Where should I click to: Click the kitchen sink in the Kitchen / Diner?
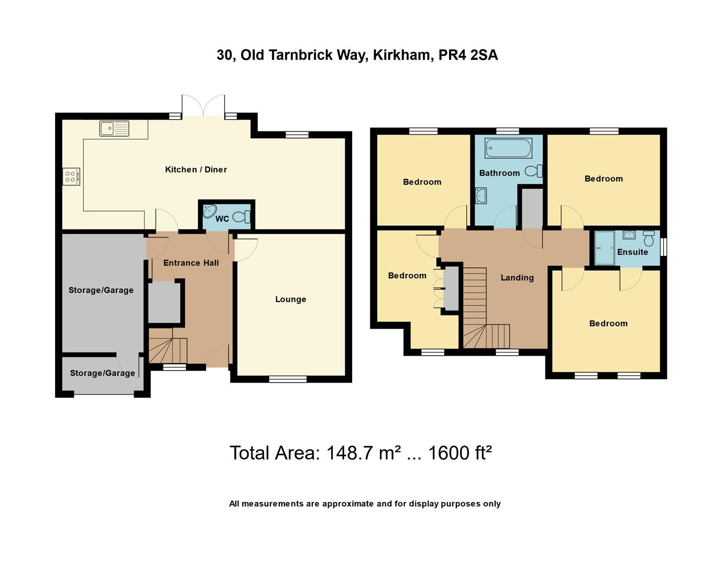114,128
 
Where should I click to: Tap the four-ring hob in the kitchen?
71,177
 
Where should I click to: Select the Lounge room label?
290,299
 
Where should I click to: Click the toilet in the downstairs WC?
242,217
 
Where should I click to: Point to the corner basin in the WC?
209,211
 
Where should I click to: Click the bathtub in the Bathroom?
508,148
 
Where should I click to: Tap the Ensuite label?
632,252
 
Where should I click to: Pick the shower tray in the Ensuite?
605,248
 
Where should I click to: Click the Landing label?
517,278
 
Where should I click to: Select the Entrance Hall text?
191,263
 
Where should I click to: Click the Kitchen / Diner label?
196,169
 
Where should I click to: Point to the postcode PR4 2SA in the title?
468,55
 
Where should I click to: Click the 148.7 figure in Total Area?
351,452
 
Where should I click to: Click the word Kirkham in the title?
403,55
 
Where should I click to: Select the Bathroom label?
499,173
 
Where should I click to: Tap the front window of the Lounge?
288,378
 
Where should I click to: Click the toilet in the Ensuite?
649,238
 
